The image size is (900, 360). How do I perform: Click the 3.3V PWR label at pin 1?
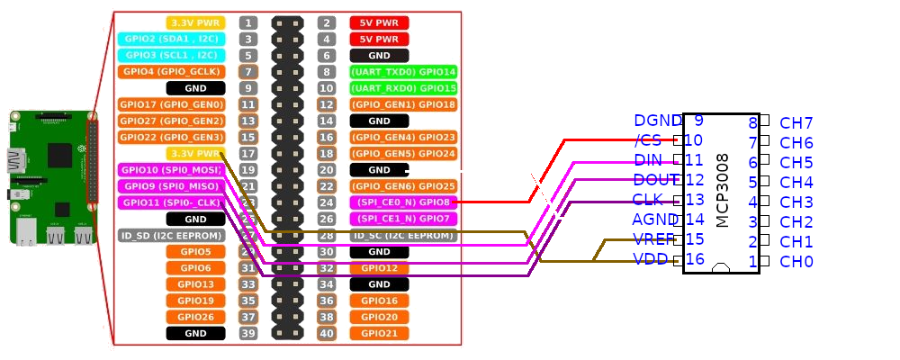click(x=195, y=22)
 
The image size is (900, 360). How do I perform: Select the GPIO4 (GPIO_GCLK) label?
click(x=170, y=71)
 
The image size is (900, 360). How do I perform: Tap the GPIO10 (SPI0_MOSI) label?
click(x=170, y=169)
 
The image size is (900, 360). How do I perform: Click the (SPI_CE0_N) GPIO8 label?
click(x=402, y=202)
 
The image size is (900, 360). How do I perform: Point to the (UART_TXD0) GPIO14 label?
click(x=402, y=71)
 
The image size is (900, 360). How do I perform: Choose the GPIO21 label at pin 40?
click(x=379, y=334)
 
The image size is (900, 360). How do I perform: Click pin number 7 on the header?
click(x=248, y=71)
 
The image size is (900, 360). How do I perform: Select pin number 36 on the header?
click(x=328, y=301)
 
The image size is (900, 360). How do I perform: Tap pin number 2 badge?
click(x=328, y=22)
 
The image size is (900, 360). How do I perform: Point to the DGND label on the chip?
click(x=656, y=121)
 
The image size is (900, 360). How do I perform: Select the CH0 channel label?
click(x=796, y=262)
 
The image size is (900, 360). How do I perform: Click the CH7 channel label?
click(x=796, y=123)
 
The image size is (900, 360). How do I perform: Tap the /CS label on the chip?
click(x=648, y=140)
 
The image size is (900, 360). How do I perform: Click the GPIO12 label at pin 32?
click(x=379, y=268)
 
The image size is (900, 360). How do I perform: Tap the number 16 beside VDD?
click(x=694, y=259)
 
